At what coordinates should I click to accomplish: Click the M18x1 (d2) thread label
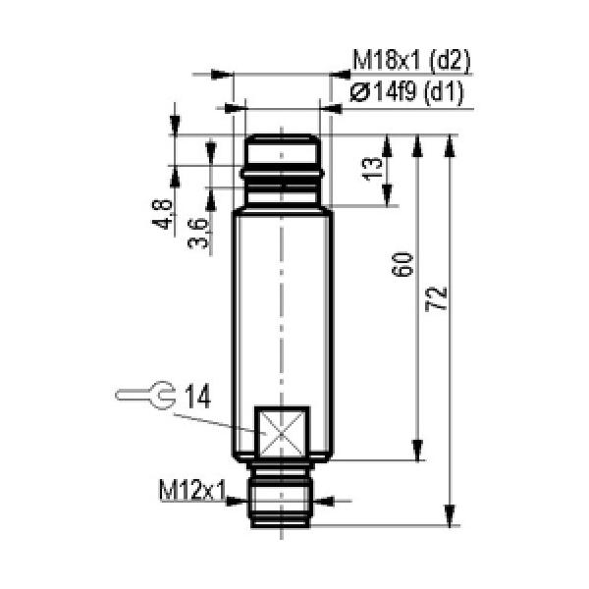click(411, 60)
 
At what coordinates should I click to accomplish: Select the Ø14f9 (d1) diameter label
click(406, 92)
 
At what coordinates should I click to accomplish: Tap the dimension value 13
click(373, 169)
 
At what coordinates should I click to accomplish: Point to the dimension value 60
click(402, 265)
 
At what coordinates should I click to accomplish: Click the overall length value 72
click(436, 299)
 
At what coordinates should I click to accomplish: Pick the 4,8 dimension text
click(162, 214)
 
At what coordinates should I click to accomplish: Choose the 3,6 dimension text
click(197, 234)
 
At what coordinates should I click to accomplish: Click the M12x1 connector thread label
click(192, 490)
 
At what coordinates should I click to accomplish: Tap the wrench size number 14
click(198, 397)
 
